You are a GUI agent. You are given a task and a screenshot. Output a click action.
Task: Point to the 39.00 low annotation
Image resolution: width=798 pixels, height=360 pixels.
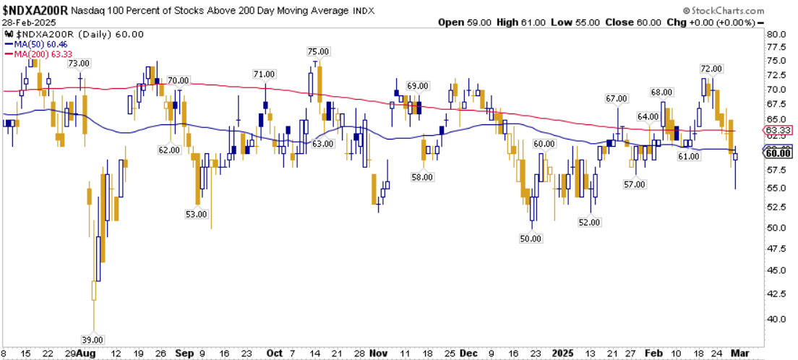tap(93, 340)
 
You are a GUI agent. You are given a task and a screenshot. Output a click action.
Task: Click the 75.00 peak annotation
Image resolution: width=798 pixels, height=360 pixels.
tap(319, 51)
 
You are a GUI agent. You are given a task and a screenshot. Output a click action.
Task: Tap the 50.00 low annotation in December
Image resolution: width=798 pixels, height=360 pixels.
tap(531, 238)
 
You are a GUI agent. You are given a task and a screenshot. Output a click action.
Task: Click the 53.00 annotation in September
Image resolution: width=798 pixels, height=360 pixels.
tap(197, 214)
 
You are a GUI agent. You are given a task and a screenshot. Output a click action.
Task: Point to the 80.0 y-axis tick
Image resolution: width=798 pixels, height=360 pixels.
tap(776, 35)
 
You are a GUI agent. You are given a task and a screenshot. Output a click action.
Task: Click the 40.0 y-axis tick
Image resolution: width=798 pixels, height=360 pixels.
tap(776, 319)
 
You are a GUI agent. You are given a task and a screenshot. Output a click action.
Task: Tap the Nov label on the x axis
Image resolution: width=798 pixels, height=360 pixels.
tap(379, 353)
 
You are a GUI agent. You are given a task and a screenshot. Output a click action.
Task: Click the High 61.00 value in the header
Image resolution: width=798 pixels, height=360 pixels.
tap(521, 22)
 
